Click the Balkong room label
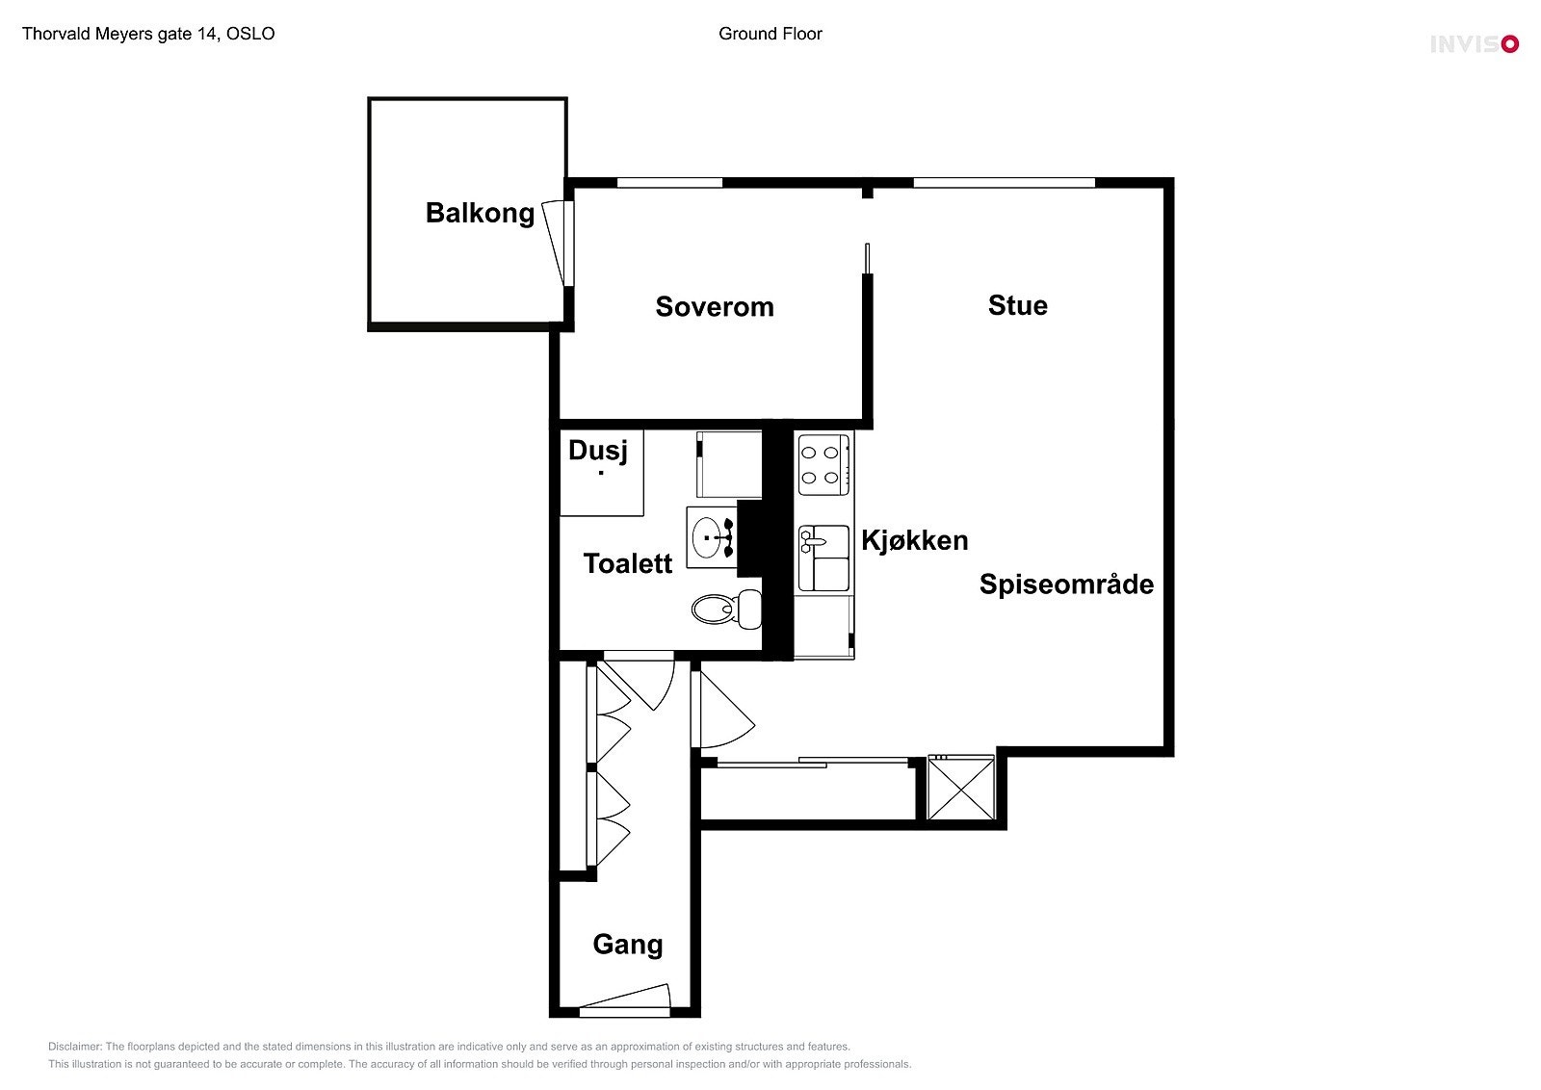click(480, 213)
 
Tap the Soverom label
click(714, 307)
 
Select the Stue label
click(1017, 305)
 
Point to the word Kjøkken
click(914, 540)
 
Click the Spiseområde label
click(1066, 584)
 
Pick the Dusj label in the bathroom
click(597, 451)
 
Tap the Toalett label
click(627, 563)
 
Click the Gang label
click(627, 945)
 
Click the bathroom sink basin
click(711, 537)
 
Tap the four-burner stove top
click(822, 464)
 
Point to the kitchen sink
click(823, 558)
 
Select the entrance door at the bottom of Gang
click(624, 1001)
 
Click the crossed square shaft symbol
click(960, 788)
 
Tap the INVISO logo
click(1473, 43)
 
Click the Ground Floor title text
click(770, 34)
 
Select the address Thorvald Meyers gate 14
click(148, 34)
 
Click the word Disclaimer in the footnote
click(74, 1047)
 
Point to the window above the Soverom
click(669, 182)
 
